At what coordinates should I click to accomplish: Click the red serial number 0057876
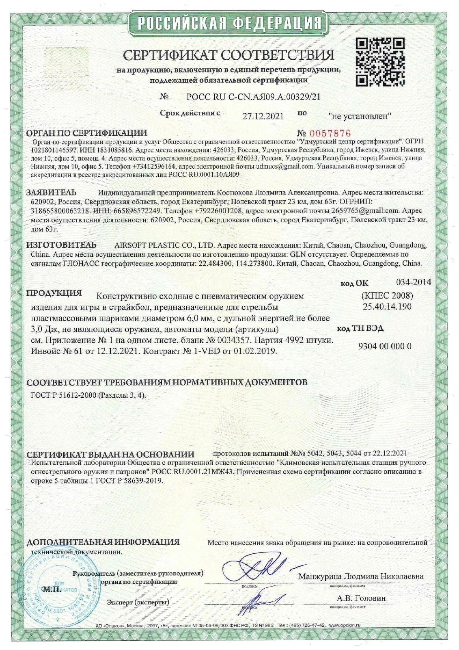330,133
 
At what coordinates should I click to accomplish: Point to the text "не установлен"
360,116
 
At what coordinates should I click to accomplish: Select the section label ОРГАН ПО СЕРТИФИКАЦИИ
86,133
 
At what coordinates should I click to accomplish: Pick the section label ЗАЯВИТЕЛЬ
52,192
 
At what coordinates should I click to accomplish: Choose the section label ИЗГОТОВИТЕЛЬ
62,245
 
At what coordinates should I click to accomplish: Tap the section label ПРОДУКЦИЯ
54,293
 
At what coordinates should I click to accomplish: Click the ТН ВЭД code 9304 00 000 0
385,346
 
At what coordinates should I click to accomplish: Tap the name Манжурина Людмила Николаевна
361,576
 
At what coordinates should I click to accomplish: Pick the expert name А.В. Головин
361,598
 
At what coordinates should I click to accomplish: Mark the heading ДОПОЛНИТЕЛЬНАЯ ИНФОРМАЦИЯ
103,542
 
